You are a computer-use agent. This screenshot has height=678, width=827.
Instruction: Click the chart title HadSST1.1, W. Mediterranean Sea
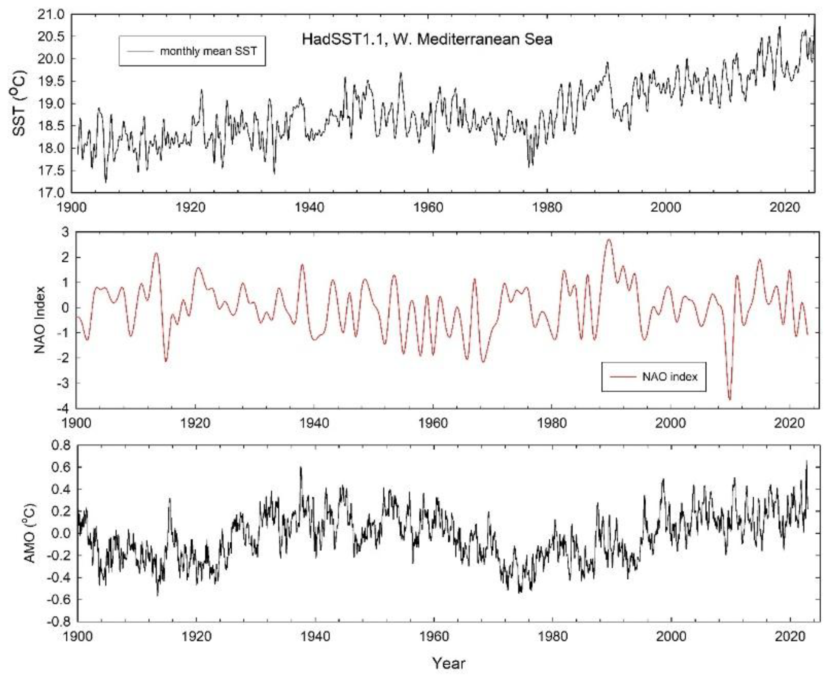click(x=427, y=39)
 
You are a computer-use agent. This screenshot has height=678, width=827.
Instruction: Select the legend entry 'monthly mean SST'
click(x=208, y=51)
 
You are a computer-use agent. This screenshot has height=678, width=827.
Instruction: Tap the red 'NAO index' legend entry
click(x=669, y=377)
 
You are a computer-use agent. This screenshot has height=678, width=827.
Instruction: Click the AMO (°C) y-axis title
click(x=30, y=534)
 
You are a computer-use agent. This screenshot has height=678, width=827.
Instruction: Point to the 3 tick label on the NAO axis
click(x=65, y=232)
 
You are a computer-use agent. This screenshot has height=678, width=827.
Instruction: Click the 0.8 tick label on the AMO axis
click(x=61, y=446)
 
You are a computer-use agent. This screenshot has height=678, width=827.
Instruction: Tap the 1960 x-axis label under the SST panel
click(x=428, y=207)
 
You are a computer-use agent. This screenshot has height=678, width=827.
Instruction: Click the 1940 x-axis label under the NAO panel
click(x=314, y=423)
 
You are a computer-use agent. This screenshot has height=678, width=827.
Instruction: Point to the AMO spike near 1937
click(x=301, y=467)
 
